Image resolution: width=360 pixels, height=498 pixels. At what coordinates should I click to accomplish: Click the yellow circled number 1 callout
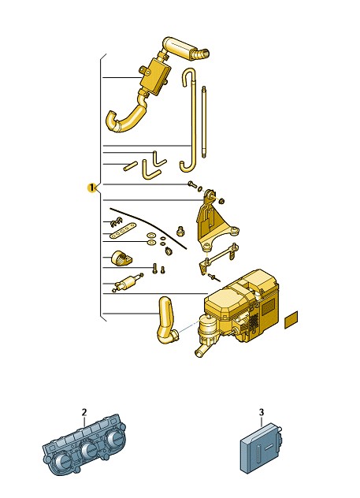point(91,188)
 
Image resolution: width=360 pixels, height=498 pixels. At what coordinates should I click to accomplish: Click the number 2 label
point(84,413)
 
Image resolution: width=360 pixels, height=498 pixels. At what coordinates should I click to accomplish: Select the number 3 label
point(262,413)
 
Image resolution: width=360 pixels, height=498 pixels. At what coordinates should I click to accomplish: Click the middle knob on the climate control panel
point(88,450)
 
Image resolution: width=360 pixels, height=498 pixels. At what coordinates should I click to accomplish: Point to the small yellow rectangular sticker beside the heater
point(291,320)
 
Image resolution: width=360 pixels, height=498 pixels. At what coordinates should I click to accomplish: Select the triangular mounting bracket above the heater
point(214,222)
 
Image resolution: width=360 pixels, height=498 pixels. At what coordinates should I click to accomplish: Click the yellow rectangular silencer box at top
point(154,76)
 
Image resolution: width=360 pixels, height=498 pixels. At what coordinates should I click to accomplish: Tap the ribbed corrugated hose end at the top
point(200,54)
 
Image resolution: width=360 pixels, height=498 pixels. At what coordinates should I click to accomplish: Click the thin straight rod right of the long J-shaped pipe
point(203,122)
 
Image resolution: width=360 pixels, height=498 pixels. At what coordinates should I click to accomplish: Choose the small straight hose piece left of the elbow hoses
point(130,166)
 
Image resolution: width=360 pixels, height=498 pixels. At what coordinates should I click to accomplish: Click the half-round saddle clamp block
point(121,258)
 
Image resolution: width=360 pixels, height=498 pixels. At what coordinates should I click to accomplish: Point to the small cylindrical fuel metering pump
point(127,282)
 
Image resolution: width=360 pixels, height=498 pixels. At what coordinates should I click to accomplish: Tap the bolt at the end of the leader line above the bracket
point(191,184)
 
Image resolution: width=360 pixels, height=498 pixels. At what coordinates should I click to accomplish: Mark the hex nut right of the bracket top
point(222,201)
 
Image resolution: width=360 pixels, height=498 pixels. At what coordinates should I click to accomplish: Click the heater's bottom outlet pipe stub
point(201,351)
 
